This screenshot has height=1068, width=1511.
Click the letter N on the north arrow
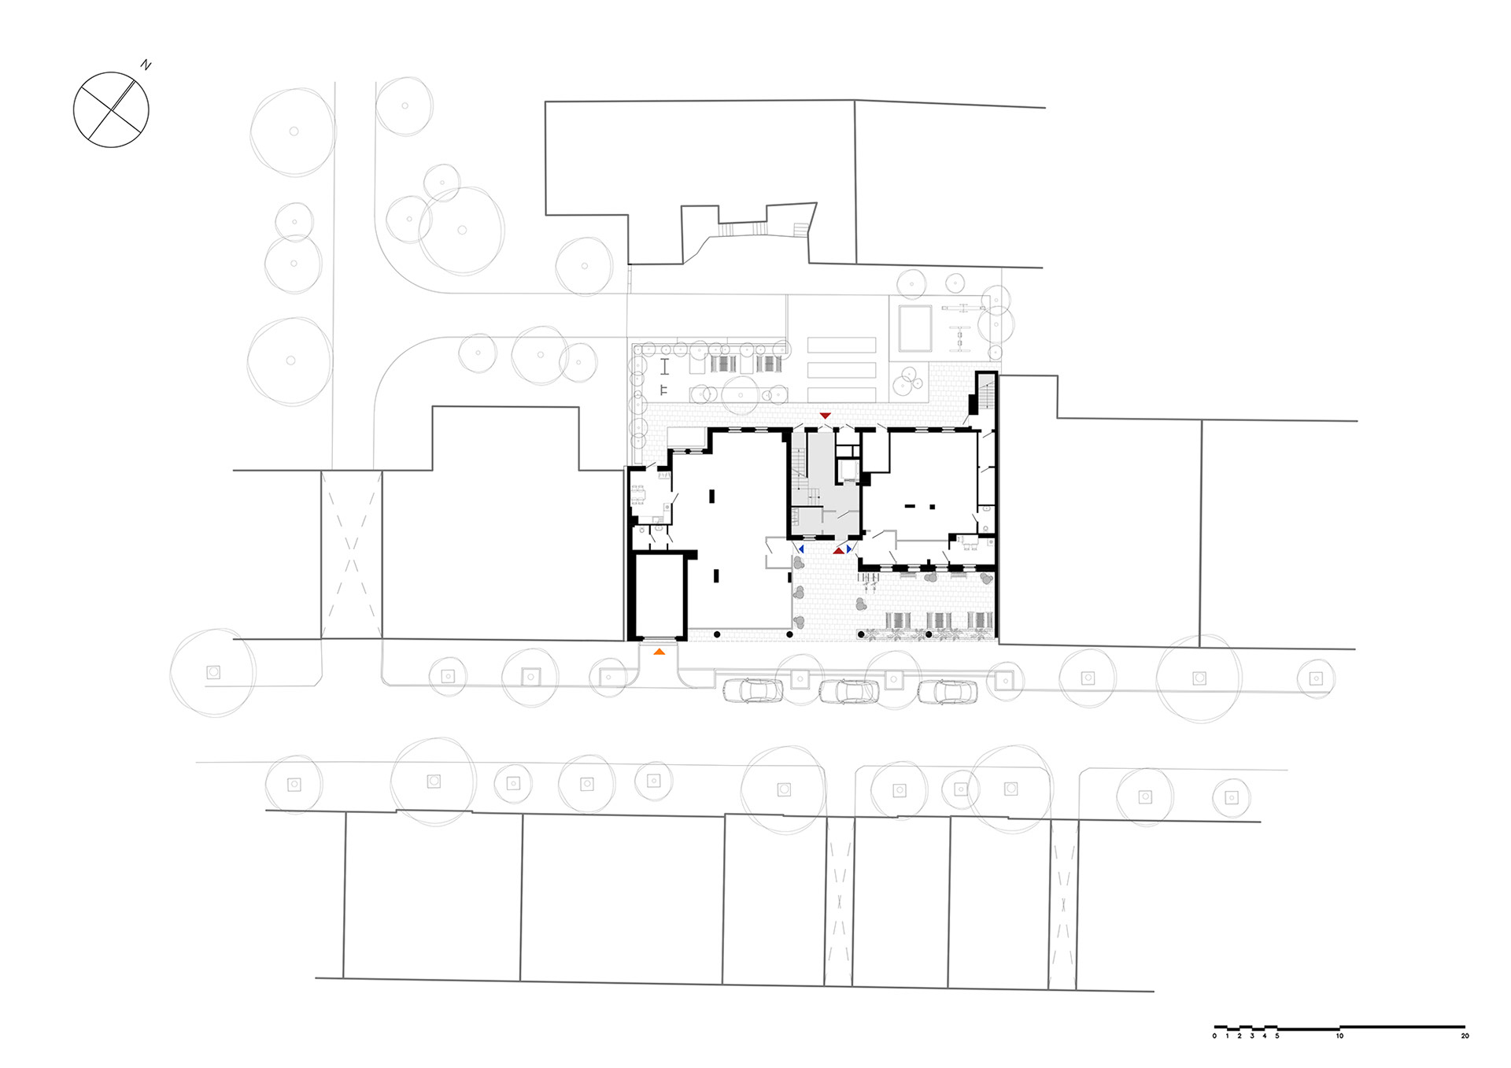(x=146, y=66)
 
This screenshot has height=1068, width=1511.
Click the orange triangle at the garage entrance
(x=659, y=651)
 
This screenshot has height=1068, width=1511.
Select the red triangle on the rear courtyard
(x=825, y=415)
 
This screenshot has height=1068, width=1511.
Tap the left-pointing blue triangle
(x=800, y=549)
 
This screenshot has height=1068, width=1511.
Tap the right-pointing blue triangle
(x=849, y=549)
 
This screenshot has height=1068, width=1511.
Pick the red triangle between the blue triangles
(x=839, y=551)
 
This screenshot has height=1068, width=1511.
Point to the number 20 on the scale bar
(x=1465, y=1036)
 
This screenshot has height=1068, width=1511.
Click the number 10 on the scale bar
(x=1339, y=1036)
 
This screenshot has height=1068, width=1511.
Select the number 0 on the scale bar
(x=1214, y=1036)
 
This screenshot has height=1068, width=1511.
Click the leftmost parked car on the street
(x=754, y=690)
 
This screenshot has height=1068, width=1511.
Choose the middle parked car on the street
(x=849, y=691)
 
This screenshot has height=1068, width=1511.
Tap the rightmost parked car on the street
(x=947, y=691)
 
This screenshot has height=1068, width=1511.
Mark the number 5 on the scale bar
(x=1277, y=1036)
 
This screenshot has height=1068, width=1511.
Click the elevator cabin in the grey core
(x=848, y=471)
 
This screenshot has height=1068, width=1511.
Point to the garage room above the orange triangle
(x=660, y=596)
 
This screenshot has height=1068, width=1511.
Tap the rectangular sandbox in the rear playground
(x=915, y=329)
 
